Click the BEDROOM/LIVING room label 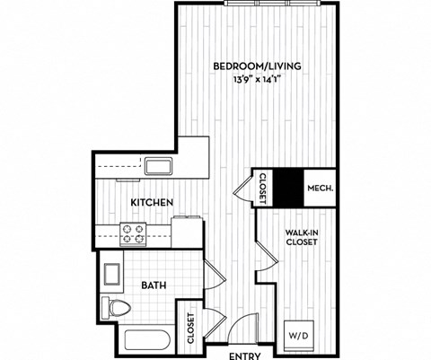[257, 66]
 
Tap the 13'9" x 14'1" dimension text [257, 78]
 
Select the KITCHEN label [152, 202]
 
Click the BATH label [152, 286]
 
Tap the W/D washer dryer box [299, 335]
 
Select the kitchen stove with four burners [134, 234]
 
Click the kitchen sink [160, 166]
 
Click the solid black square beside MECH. [288, 188]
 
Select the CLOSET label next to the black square [264, 188]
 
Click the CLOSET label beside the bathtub [191, 328]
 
